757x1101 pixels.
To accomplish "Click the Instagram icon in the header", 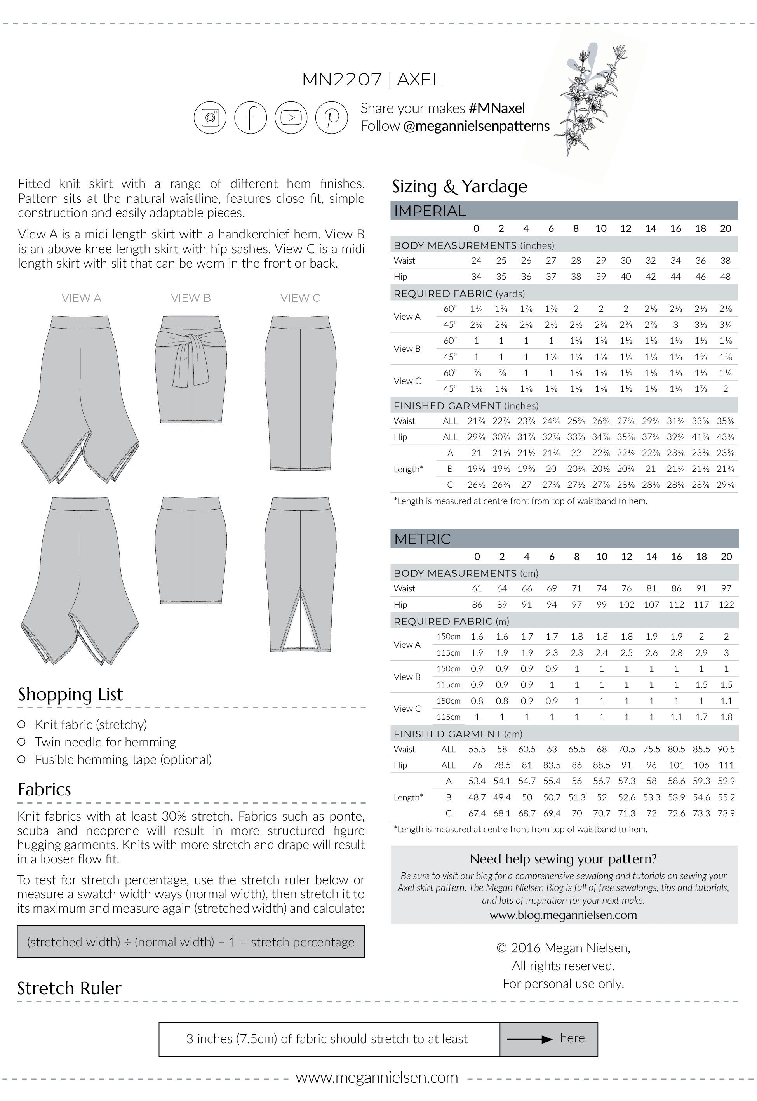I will tap(210, 117).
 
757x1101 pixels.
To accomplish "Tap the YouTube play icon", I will tap(291, 117).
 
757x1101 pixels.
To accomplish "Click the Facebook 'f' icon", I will tap(251, 117).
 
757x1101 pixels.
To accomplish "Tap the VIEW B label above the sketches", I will tap(191, 298).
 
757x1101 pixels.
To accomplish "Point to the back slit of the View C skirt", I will tap(301, 617).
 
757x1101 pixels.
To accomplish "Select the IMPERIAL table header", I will tap(430, 211).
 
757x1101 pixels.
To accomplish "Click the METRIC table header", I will tap(422, 539).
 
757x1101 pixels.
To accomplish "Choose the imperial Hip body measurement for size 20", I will tap(725, 277).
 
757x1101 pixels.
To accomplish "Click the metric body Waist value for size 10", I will tap(601, 588).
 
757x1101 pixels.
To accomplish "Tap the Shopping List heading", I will tap(70, 694).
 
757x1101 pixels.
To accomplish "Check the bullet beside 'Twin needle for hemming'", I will tap(21, 742).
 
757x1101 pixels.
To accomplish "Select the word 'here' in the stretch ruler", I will tap(572, 1038).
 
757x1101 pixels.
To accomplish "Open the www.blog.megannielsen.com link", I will tap(563, 915).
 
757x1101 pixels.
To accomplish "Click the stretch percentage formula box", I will tap(191, 942).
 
